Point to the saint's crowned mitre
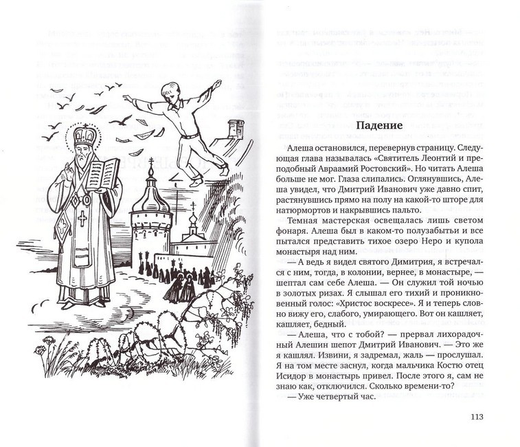(85, 135)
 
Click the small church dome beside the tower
(193, 221)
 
